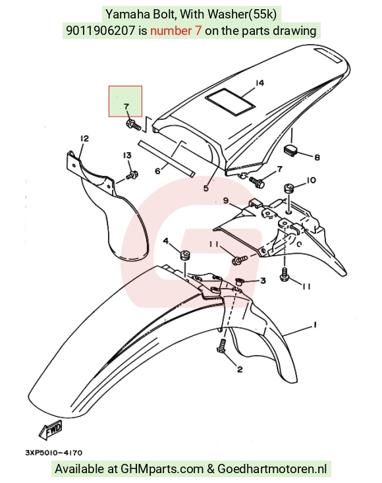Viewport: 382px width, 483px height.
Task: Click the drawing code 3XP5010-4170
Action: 53,453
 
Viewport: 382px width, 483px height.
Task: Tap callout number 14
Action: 259,83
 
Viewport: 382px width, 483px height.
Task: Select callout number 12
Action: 84,138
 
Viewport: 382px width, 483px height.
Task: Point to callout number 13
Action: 127,156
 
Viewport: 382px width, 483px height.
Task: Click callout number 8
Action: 317,157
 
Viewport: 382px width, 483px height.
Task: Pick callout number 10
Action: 311,180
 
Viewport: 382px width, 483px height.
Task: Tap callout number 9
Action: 226,200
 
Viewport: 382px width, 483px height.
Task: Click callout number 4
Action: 166,241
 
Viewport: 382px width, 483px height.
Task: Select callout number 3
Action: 263,280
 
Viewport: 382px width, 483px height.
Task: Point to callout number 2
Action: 240,369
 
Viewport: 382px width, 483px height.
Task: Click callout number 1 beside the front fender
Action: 315,325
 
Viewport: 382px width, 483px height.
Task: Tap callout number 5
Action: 206,188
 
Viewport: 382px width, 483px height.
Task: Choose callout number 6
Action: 157,171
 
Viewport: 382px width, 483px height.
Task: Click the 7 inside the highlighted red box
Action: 126,107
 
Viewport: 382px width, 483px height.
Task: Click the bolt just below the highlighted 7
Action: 133,125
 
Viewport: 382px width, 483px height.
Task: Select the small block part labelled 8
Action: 290,150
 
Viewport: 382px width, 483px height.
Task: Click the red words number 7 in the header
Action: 176,30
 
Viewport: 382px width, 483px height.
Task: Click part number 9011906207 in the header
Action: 101,30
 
